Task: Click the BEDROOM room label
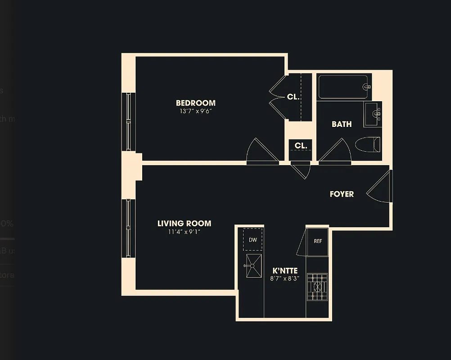pyautogui.click(x=195, y=103)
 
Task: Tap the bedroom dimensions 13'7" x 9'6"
pyautogui.click(x=195, y=111)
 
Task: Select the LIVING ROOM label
pyautogui.click(x=184, y=224)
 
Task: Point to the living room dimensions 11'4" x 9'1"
pyautogui.click(x=184, y=232)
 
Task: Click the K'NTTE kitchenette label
pyautogui.click(x=285, y=271)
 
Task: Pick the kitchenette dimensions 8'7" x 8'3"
pyautogui.click(x=285, y=279)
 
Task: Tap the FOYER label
pyautogui.click(x=342, y=194)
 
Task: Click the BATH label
pyautogui.click(x=342, y=124)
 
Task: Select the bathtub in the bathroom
pyautogui.click(x=344, y=87)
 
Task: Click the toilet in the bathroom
pyautogui.click(x=368, y=145)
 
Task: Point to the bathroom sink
pyautogui.click(x=373, y=114)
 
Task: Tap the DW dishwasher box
pyautogui.click(x=253, y=240)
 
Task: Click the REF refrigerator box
pyautogui.click(x=318, y=241)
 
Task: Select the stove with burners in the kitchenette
pyautogui.click(x=318, y=287)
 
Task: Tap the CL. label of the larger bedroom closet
pyautogui.click(x=293, y=97)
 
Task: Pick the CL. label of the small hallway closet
pyautogui.click(x=301, y=146)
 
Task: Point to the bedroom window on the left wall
pyautogui.click(x=129, y=121)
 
